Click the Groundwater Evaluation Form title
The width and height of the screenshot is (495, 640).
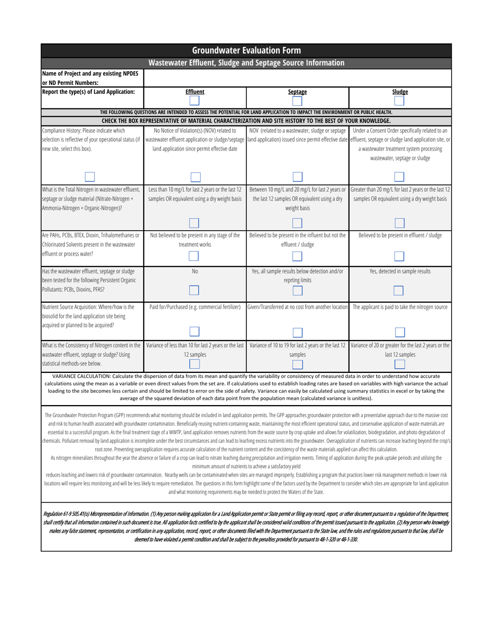(x=246, y=51)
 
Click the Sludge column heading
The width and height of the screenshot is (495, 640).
(x=400, y=92)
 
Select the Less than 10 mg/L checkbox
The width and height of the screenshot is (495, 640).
(x=194, y=223)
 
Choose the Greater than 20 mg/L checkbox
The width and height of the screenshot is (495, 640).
(x=400, y=223)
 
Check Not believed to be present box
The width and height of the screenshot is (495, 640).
(x=194, y=256)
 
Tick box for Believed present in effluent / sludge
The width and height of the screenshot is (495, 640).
(x=400, y=256)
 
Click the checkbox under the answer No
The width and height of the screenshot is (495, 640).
(x=194, y=290)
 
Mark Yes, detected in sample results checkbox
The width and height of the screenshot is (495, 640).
(x=400, y=290)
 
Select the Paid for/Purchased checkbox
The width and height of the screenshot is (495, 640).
(x=194, y=331)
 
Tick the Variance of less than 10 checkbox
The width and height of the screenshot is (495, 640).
(x=194, y=364)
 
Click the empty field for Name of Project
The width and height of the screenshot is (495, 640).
(x=297, y=79)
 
